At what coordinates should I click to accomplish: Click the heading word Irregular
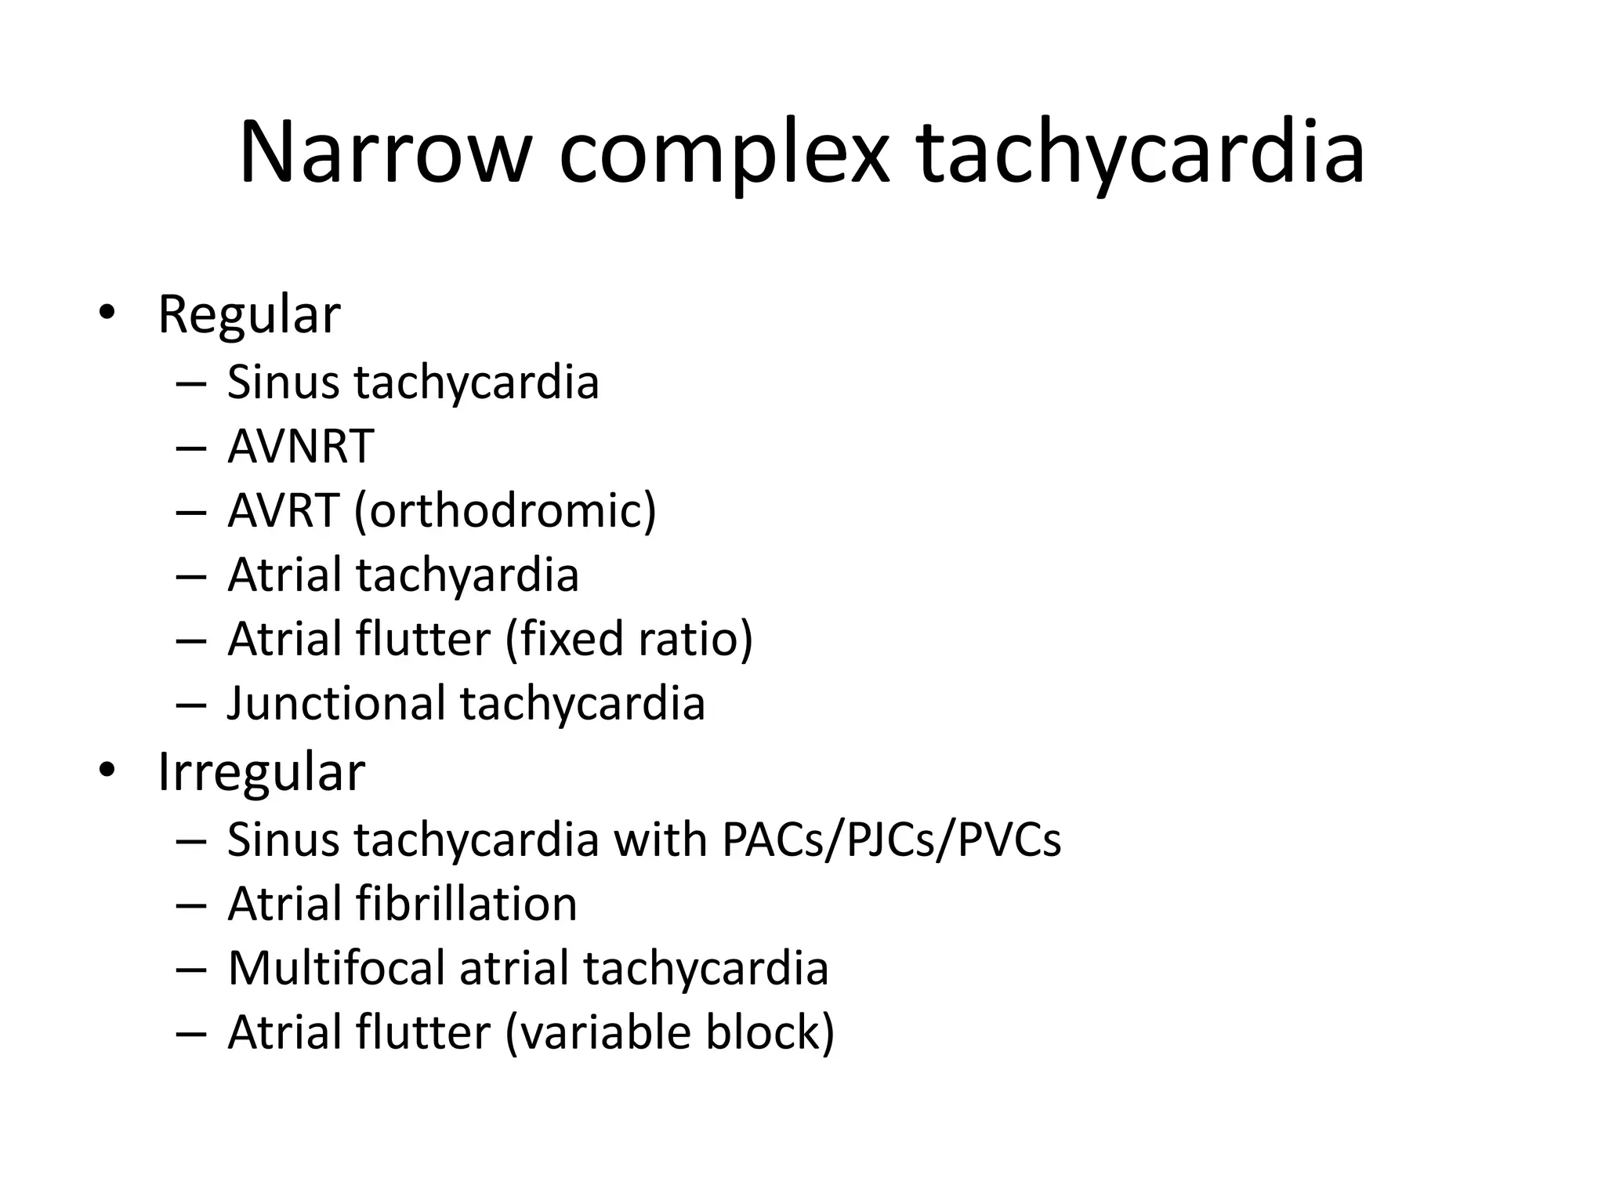pyautogui.click(x=261, y=772)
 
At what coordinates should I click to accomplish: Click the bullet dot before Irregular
pyautogui.click(x=107, y=770)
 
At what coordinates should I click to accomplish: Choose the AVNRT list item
pyautogui.click(x=300, y=447)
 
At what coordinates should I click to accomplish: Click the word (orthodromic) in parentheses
pyautogui.click(x=505, y=511)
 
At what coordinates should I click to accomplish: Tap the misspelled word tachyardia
pyautogui.click(x=468, y=575)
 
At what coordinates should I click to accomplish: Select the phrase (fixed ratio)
pyautogui.click(x=629, y=639)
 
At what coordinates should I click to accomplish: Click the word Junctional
pyautogui.click(x=336, y=703)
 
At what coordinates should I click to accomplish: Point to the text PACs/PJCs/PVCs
pyautogui.click(x=891, y=840)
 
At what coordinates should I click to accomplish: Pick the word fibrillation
pyautogui.click(x=466, y=904)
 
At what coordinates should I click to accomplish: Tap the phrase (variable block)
pyautogui.click(x=670, y=1032)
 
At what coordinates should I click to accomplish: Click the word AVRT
pyautogui.click(x=283, y=511)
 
